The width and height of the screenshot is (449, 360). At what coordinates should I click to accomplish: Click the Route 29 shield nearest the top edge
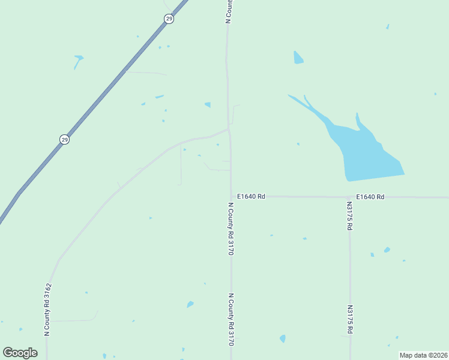(169, 19)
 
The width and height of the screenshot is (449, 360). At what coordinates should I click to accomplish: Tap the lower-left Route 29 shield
(65, 139)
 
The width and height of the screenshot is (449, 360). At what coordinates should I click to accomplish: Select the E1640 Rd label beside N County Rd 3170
(251, 196)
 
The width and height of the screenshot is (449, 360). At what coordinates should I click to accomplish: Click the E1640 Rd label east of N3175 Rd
(370, 196)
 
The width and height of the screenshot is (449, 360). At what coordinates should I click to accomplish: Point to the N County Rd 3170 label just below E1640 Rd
(231, 229)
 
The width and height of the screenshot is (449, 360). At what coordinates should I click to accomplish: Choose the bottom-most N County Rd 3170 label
(231, 320)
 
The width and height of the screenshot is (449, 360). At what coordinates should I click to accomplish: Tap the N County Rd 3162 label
(47, 309)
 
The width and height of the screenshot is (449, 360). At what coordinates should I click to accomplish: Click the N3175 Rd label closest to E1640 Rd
(349, 215)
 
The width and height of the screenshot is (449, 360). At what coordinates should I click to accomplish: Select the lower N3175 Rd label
(349, 319)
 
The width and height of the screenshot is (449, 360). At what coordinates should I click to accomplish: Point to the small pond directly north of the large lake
(298, 58)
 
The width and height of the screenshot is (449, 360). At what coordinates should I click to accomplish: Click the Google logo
(20, 353)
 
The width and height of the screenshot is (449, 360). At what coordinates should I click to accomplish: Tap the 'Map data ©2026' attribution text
(423, 355)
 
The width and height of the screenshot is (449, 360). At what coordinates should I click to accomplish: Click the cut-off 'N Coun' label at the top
(228, 11)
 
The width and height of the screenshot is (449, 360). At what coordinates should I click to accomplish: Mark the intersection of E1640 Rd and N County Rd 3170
(231, 196)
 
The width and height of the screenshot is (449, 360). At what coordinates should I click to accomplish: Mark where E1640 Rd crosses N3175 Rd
(349, 197)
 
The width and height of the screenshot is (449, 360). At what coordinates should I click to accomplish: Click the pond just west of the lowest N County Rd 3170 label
(190, 304)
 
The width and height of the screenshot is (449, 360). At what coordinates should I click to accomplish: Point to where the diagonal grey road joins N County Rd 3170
(229, 128)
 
